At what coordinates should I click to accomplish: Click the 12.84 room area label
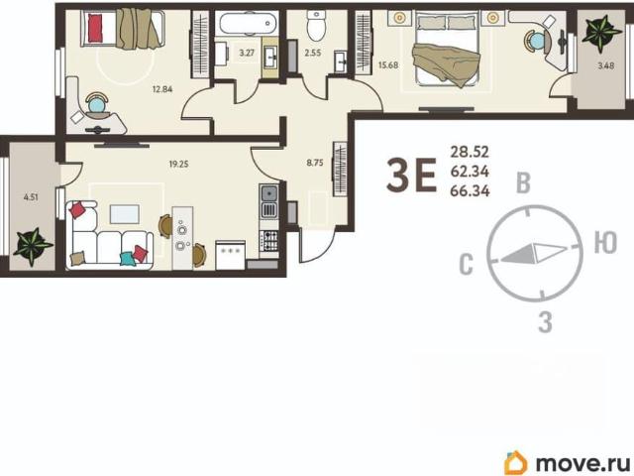[162, 89]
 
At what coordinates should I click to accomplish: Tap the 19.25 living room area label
[178, 165]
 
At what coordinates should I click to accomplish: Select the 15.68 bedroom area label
[388, 65]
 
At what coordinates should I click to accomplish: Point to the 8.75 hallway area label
[315, 163]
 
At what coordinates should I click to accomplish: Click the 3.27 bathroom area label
[247, 53]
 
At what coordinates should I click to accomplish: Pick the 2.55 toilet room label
[313, 53]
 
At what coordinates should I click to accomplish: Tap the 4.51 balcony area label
[31, 198]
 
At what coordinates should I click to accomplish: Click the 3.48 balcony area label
[606, 65]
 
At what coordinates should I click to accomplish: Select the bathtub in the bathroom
[247, 23]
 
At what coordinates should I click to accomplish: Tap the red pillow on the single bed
[95, 28]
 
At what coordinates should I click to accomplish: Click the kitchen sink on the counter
[268, 194]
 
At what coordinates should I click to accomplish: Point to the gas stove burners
[268, 240]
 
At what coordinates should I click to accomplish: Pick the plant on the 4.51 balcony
[33, 247]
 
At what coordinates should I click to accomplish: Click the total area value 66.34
[470, 190]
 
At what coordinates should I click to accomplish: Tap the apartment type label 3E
[412, 175]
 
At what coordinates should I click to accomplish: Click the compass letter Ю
[605, 242]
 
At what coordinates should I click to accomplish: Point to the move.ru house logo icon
[516, 462]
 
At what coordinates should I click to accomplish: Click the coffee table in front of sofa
[125, 214]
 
